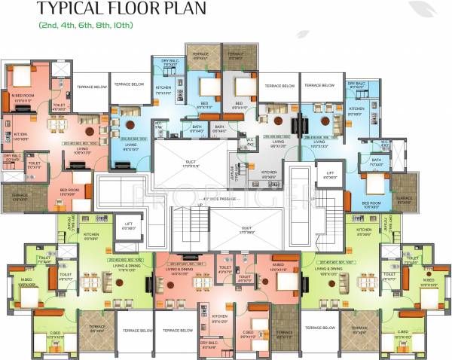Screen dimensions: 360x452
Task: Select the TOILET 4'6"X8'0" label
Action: click(x=58, y=107)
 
